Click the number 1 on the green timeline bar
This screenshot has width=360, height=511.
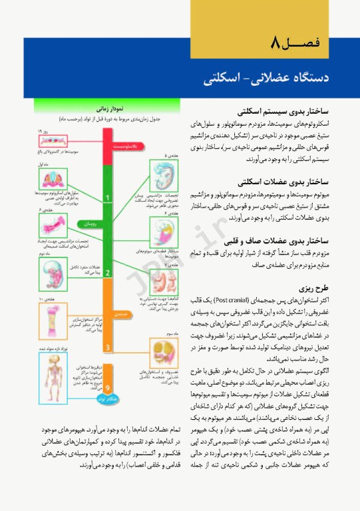[x=108, y=198]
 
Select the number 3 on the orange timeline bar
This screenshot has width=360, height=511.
[x=108, y=347]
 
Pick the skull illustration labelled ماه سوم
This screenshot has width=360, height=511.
[x=163, y=353]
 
